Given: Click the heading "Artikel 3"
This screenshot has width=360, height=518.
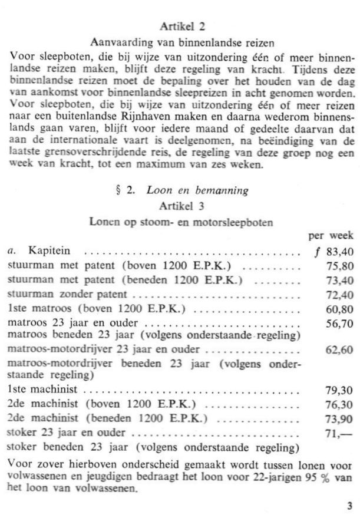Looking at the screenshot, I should (180, 206).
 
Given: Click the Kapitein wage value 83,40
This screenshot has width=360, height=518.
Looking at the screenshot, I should (338, 252).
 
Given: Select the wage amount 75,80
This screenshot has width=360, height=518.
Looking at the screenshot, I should (340, 266).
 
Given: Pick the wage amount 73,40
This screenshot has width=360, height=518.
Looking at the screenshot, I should (340, 279).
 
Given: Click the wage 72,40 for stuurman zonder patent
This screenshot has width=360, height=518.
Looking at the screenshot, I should (340, 294).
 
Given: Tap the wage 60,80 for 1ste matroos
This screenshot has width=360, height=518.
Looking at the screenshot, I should (340, 308).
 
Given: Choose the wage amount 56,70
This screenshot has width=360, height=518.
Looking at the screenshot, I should (340, 322).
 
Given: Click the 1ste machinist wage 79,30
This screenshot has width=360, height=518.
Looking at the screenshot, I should (340, 391).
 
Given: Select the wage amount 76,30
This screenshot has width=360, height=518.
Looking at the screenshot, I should (340, 404).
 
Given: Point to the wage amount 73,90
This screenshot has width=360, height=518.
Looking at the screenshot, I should (340, 418).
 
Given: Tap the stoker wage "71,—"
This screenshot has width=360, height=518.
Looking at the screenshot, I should (340, 433).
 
